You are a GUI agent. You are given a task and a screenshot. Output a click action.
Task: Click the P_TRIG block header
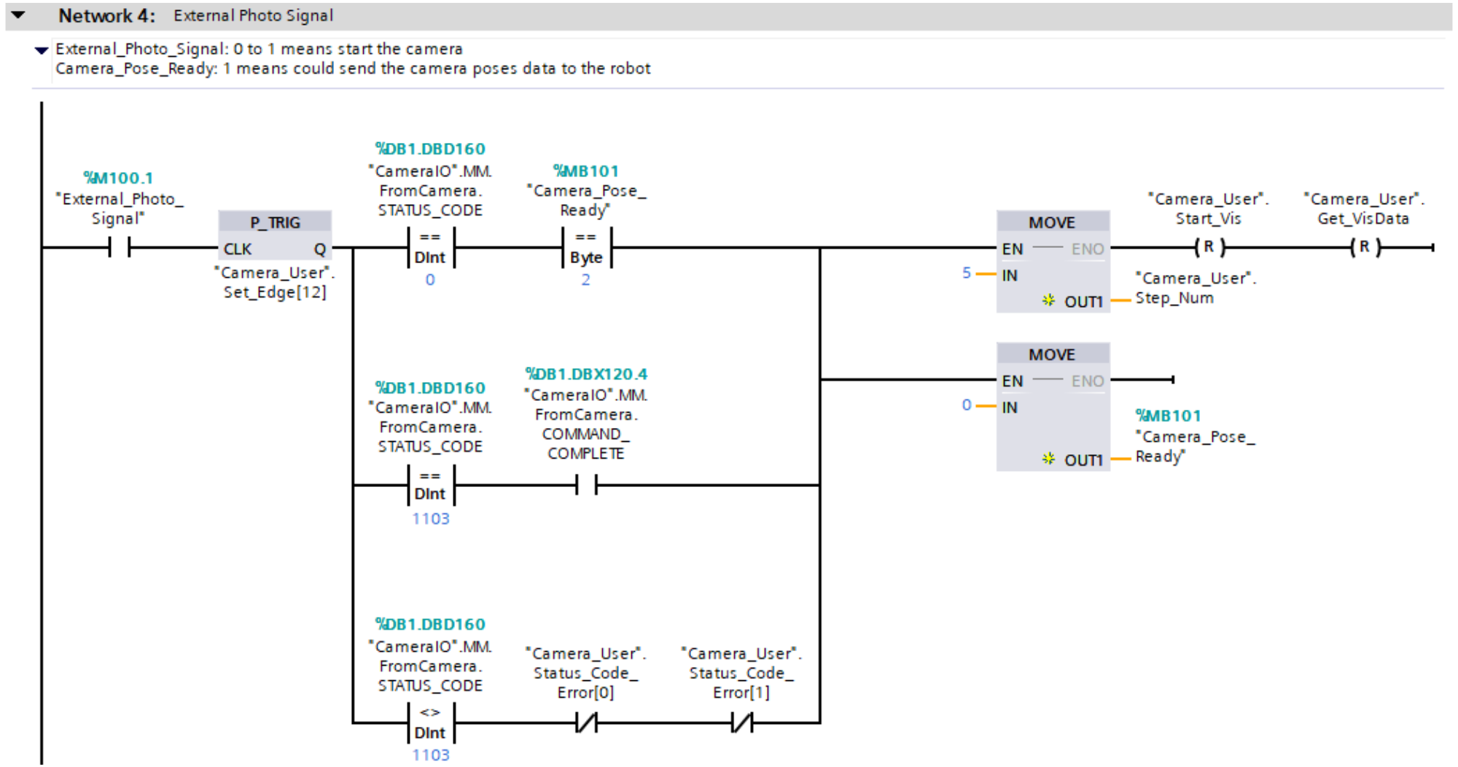tap(275, 222)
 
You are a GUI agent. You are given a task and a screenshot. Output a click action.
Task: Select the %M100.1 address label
tap(118, 178)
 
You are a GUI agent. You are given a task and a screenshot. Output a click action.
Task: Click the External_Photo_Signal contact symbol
tap(119, 248)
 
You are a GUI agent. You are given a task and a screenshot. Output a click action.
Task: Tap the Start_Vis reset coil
tap(1209, 248)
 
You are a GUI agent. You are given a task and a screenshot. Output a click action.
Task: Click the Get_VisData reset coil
tap(1365, 248)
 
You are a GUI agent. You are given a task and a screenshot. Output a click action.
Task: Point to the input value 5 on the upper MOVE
tap(967, 273)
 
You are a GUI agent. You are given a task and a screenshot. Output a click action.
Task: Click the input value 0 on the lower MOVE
tap(967, 405)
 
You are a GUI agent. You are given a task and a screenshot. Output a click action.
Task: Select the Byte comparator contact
tap(586, 248)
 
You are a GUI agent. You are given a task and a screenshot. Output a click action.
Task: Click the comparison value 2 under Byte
tap(585, 280)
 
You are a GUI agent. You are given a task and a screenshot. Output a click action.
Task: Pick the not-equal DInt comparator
tap(430, 723)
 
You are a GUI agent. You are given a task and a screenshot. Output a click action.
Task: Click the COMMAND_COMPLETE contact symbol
tap(586, 485)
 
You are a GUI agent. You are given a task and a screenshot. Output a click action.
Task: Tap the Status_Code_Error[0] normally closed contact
tap(586, 723)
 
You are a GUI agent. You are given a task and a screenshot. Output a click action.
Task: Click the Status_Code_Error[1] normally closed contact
tap(741, 723)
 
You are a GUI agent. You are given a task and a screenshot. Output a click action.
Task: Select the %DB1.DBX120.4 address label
tap(586, 374)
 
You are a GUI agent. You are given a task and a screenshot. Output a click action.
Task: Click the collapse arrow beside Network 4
tap(18, 15)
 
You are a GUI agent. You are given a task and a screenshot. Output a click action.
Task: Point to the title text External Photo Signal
tap(253, 15)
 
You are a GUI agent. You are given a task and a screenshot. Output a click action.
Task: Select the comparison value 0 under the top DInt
tap(430, 280)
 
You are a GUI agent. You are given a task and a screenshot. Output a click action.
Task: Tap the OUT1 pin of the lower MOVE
tap(1083, 460)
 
